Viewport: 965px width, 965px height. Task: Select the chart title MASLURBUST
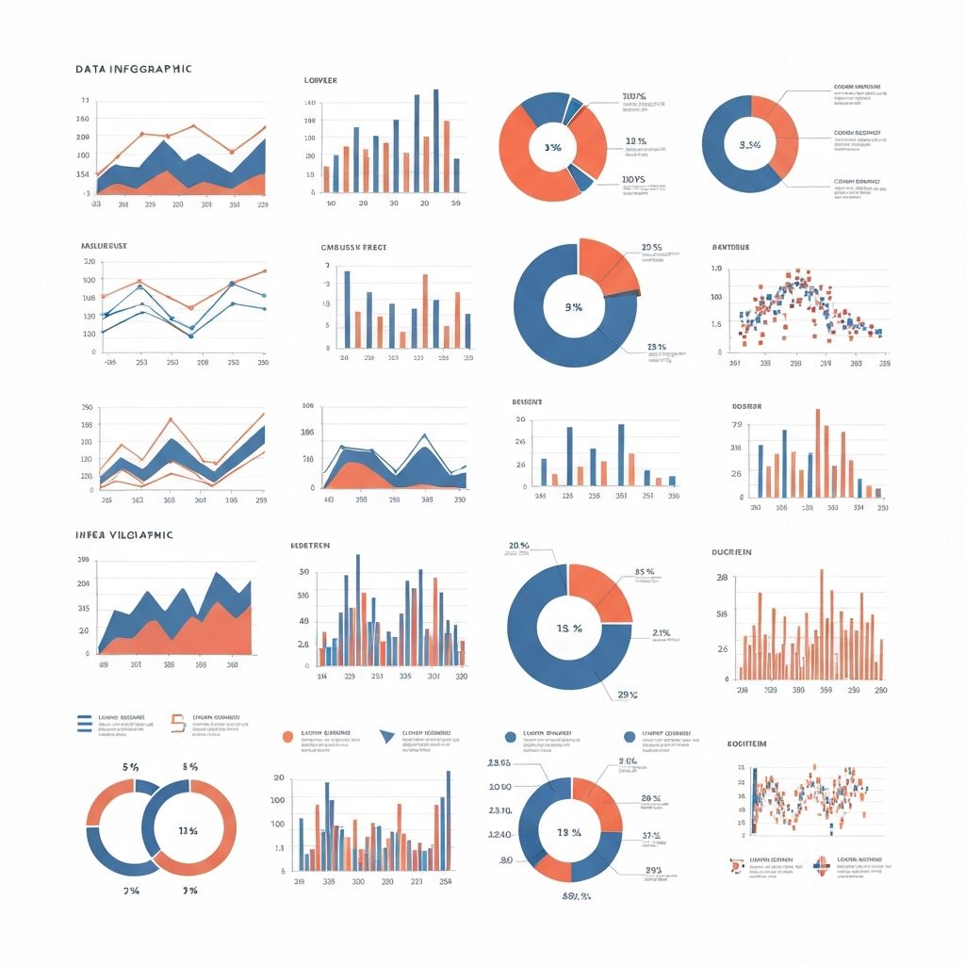click(104, 245)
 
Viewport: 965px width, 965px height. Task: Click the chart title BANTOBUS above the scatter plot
click(730, 247)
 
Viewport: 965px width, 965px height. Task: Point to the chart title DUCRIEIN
click(732, 552)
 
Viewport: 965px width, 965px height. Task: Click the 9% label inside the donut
click(573, 306)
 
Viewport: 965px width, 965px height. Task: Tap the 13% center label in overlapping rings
click(188, 830)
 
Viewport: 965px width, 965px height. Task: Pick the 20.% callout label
click(518, 546)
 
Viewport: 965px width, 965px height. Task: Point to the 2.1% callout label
click(661, 632)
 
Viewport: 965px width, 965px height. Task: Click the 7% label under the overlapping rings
click(130, 891)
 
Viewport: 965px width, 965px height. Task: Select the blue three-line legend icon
click(83, 722)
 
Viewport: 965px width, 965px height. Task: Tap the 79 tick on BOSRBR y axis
click(738, 424)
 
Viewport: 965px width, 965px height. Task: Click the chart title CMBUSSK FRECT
click(353, 247)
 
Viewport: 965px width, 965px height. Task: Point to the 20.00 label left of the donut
click(499, 787)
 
